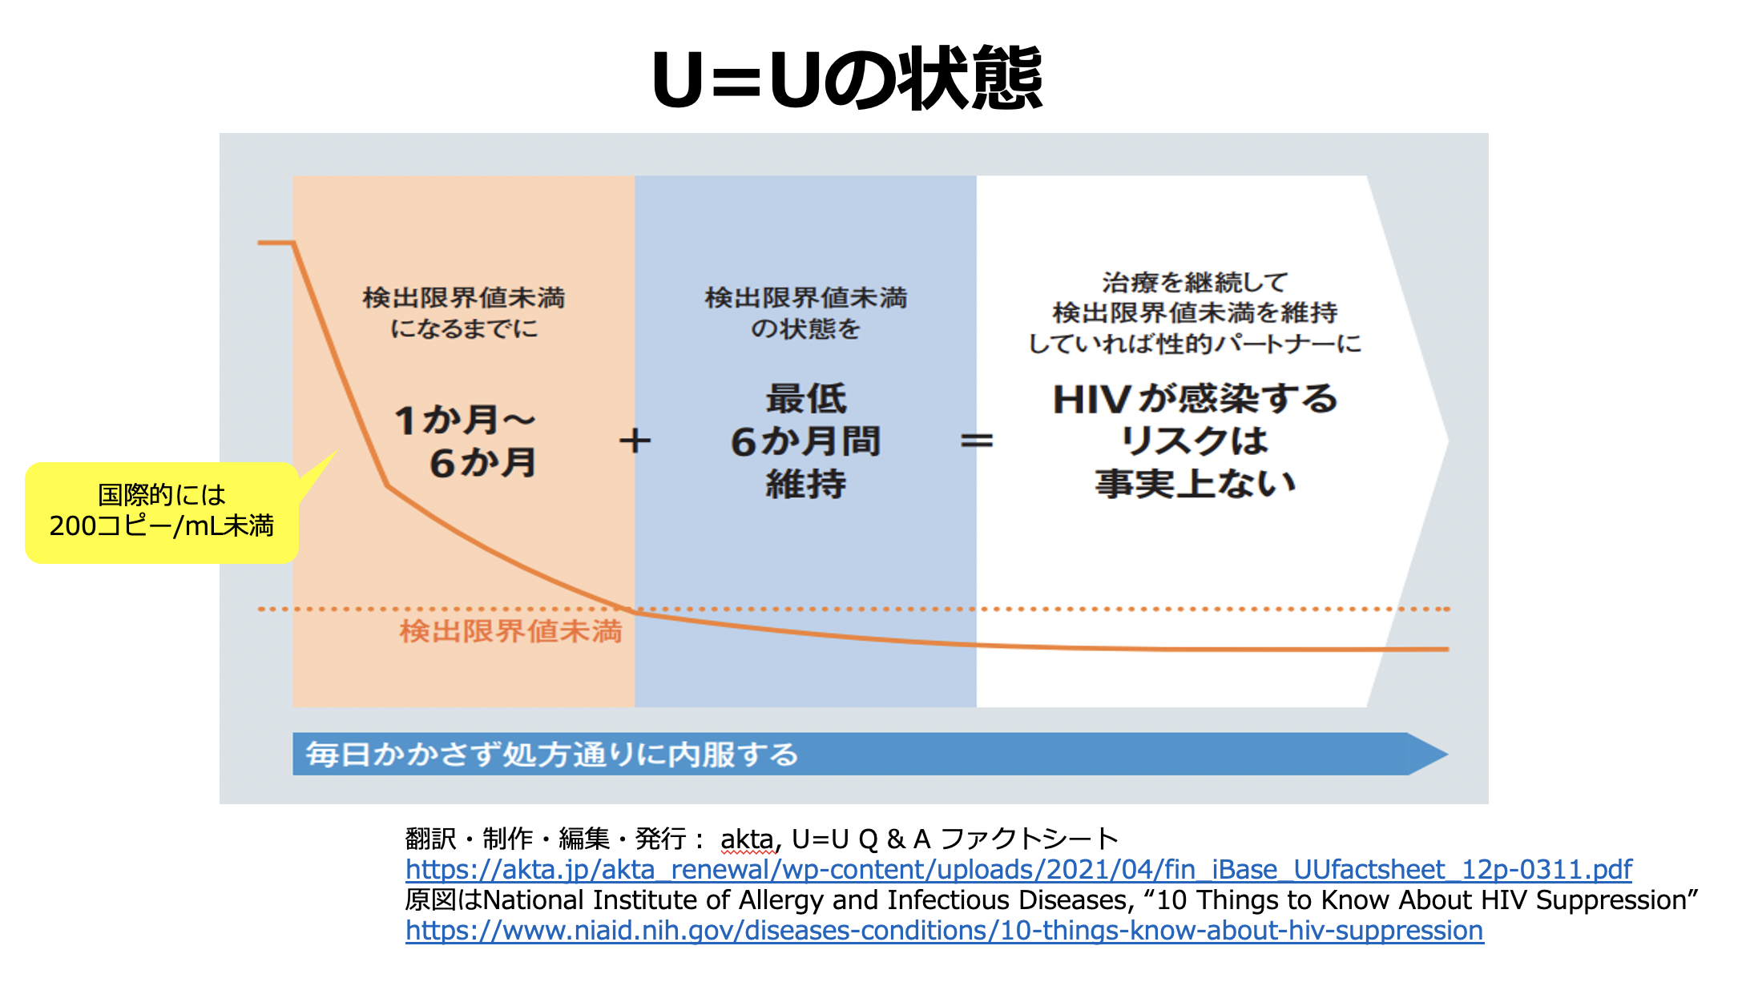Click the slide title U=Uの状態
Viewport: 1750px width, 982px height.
[x=847, y=78]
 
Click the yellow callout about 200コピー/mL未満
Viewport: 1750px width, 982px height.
[x=162, y=512]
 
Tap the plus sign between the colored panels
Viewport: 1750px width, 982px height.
[x=635, y=441]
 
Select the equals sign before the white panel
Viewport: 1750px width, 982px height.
[x=977, y=441]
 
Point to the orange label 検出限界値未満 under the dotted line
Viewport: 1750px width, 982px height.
[x=510, y=631]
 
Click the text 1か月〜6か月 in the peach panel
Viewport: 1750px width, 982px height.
[x=466, y=441]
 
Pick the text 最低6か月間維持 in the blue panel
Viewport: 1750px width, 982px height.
[x=805, y=441]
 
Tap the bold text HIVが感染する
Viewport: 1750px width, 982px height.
[x=1195, y=399]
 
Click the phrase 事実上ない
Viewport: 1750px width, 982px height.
[x=1195, y=484]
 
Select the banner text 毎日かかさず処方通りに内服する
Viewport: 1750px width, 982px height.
[x=551, y=755]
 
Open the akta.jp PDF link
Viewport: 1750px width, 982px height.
[x=1018, y=869]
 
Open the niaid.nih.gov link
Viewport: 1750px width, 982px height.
[x=944, y=930]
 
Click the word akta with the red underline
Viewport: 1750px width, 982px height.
[x=747, y=839]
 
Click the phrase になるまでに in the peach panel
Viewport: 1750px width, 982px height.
[x=464, y=328]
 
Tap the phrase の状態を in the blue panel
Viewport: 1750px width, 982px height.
[x=805, y=328]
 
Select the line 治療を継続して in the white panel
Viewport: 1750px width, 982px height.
[x=1195, y=282]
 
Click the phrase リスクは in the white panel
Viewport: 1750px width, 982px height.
[x=1195, y=441]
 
